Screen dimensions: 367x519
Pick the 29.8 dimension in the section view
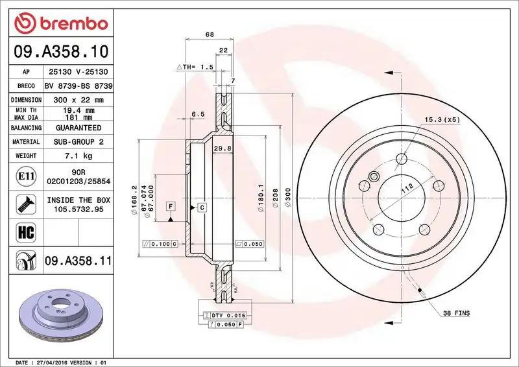tap(222, 148)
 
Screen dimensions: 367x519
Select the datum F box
tap(171, 206)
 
